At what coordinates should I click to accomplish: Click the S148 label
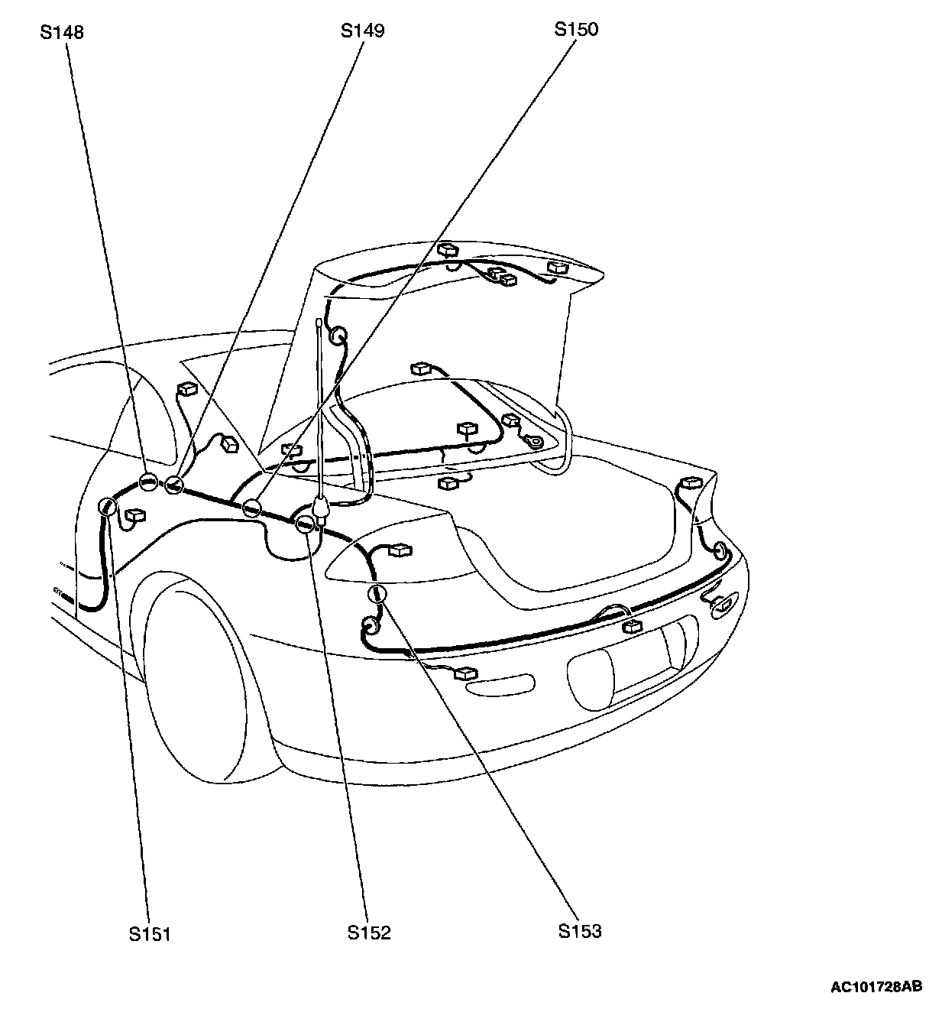click(x=63, y=32)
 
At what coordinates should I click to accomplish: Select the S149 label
click(x=362, y=31)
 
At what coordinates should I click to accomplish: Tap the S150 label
click(x=576, y=29)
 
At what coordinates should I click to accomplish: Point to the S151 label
click(x=150, y=933)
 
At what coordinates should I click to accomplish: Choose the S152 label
click(x=369, y=933)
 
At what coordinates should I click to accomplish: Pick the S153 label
click(x=580, y=931)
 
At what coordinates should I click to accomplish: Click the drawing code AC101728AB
click(x=876, y=987)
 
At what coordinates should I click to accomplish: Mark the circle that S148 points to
click(x=148, y=482)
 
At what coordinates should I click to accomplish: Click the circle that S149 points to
click(x=175, y=485)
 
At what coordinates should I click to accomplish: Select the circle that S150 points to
click(x=251, y=508)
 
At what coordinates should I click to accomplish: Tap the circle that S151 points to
click(x=108, y=506)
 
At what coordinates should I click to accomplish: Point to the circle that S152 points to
click(x=306, y=524)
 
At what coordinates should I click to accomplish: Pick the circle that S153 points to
click(x=377, y=594)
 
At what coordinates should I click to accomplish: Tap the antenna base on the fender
click(x=321, y=507)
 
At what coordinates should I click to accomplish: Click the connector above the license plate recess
click(x=632, y=627)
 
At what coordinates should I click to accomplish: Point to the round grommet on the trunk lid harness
click(x=337, y=336)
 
